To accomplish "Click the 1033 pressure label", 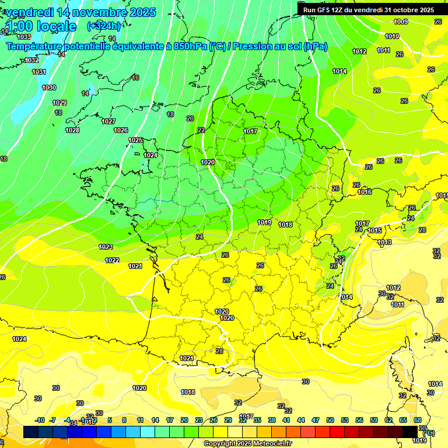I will click(24, 37).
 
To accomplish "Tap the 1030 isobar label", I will click(49, 87).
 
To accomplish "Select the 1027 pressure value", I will click(108, 121).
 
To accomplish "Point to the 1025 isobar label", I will click(135, 140).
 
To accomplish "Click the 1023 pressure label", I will click(106, 247).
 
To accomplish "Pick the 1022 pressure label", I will click(112, 260).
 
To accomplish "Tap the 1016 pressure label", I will click(365, 192).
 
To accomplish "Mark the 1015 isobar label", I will click(374, 230).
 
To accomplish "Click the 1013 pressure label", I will click(384, 242).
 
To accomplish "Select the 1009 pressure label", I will click(401, 22).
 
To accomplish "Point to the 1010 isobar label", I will click(392, 36).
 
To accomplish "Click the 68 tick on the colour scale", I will click(418, 420).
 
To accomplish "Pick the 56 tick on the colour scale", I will click(359, 420).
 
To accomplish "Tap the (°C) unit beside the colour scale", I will click(429, 433).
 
